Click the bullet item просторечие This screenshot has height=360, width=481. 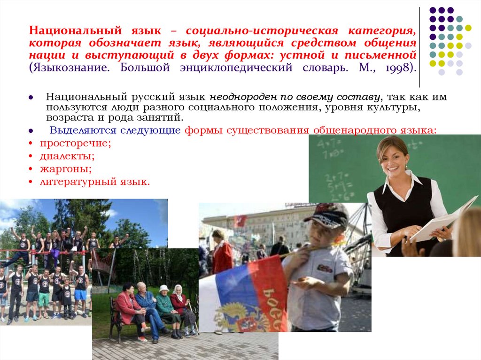pos(75,144)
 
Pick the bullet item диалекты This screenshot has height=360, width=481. pos(67,156)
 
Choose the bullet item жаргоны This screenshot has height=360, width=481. pos(66,168)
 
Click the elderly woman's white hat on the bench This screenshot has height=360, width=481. pos(163,288)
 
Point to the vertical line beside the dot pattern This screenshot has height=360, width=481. pos(419,47)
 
